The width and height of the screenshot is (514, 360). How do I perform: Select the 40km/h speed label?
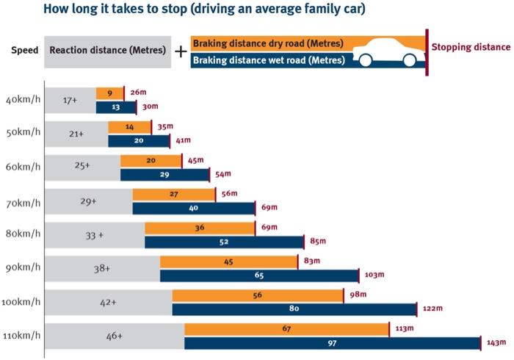click(x=23, y=100)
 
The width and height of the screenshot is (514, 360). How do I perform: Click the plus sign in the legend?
click(x=181, y=51)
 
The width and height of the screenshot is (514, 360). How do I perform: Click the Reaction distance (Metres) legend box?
click(x=108, y=51)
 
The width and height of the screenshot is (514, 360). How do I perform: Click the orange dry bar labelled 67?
click(x=286, y=329)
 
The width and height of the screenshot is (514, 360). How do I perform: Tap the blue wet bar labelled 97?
click(x=332, y=343)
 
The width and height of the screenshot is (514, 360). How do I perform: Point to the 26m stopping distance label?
click(x=137, y=93)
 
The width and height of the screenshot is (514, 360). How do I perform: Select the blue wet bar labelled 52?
click(x=224, y=242)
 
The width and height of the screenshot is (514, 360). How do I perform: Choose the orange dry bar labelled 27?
click(x=174, y=194)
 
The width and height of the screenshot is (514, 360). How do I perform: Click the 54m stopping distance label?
click(x=222, y=174)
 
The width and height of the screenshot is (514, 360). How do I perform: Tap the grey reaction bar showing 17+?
click(x=70, y=100)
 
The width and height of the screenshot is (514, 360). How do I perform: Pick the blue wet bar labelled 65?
click(x=259, y=276)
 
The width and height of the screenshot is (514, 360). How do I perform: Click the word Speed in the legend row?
click(x=24, y=51)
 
